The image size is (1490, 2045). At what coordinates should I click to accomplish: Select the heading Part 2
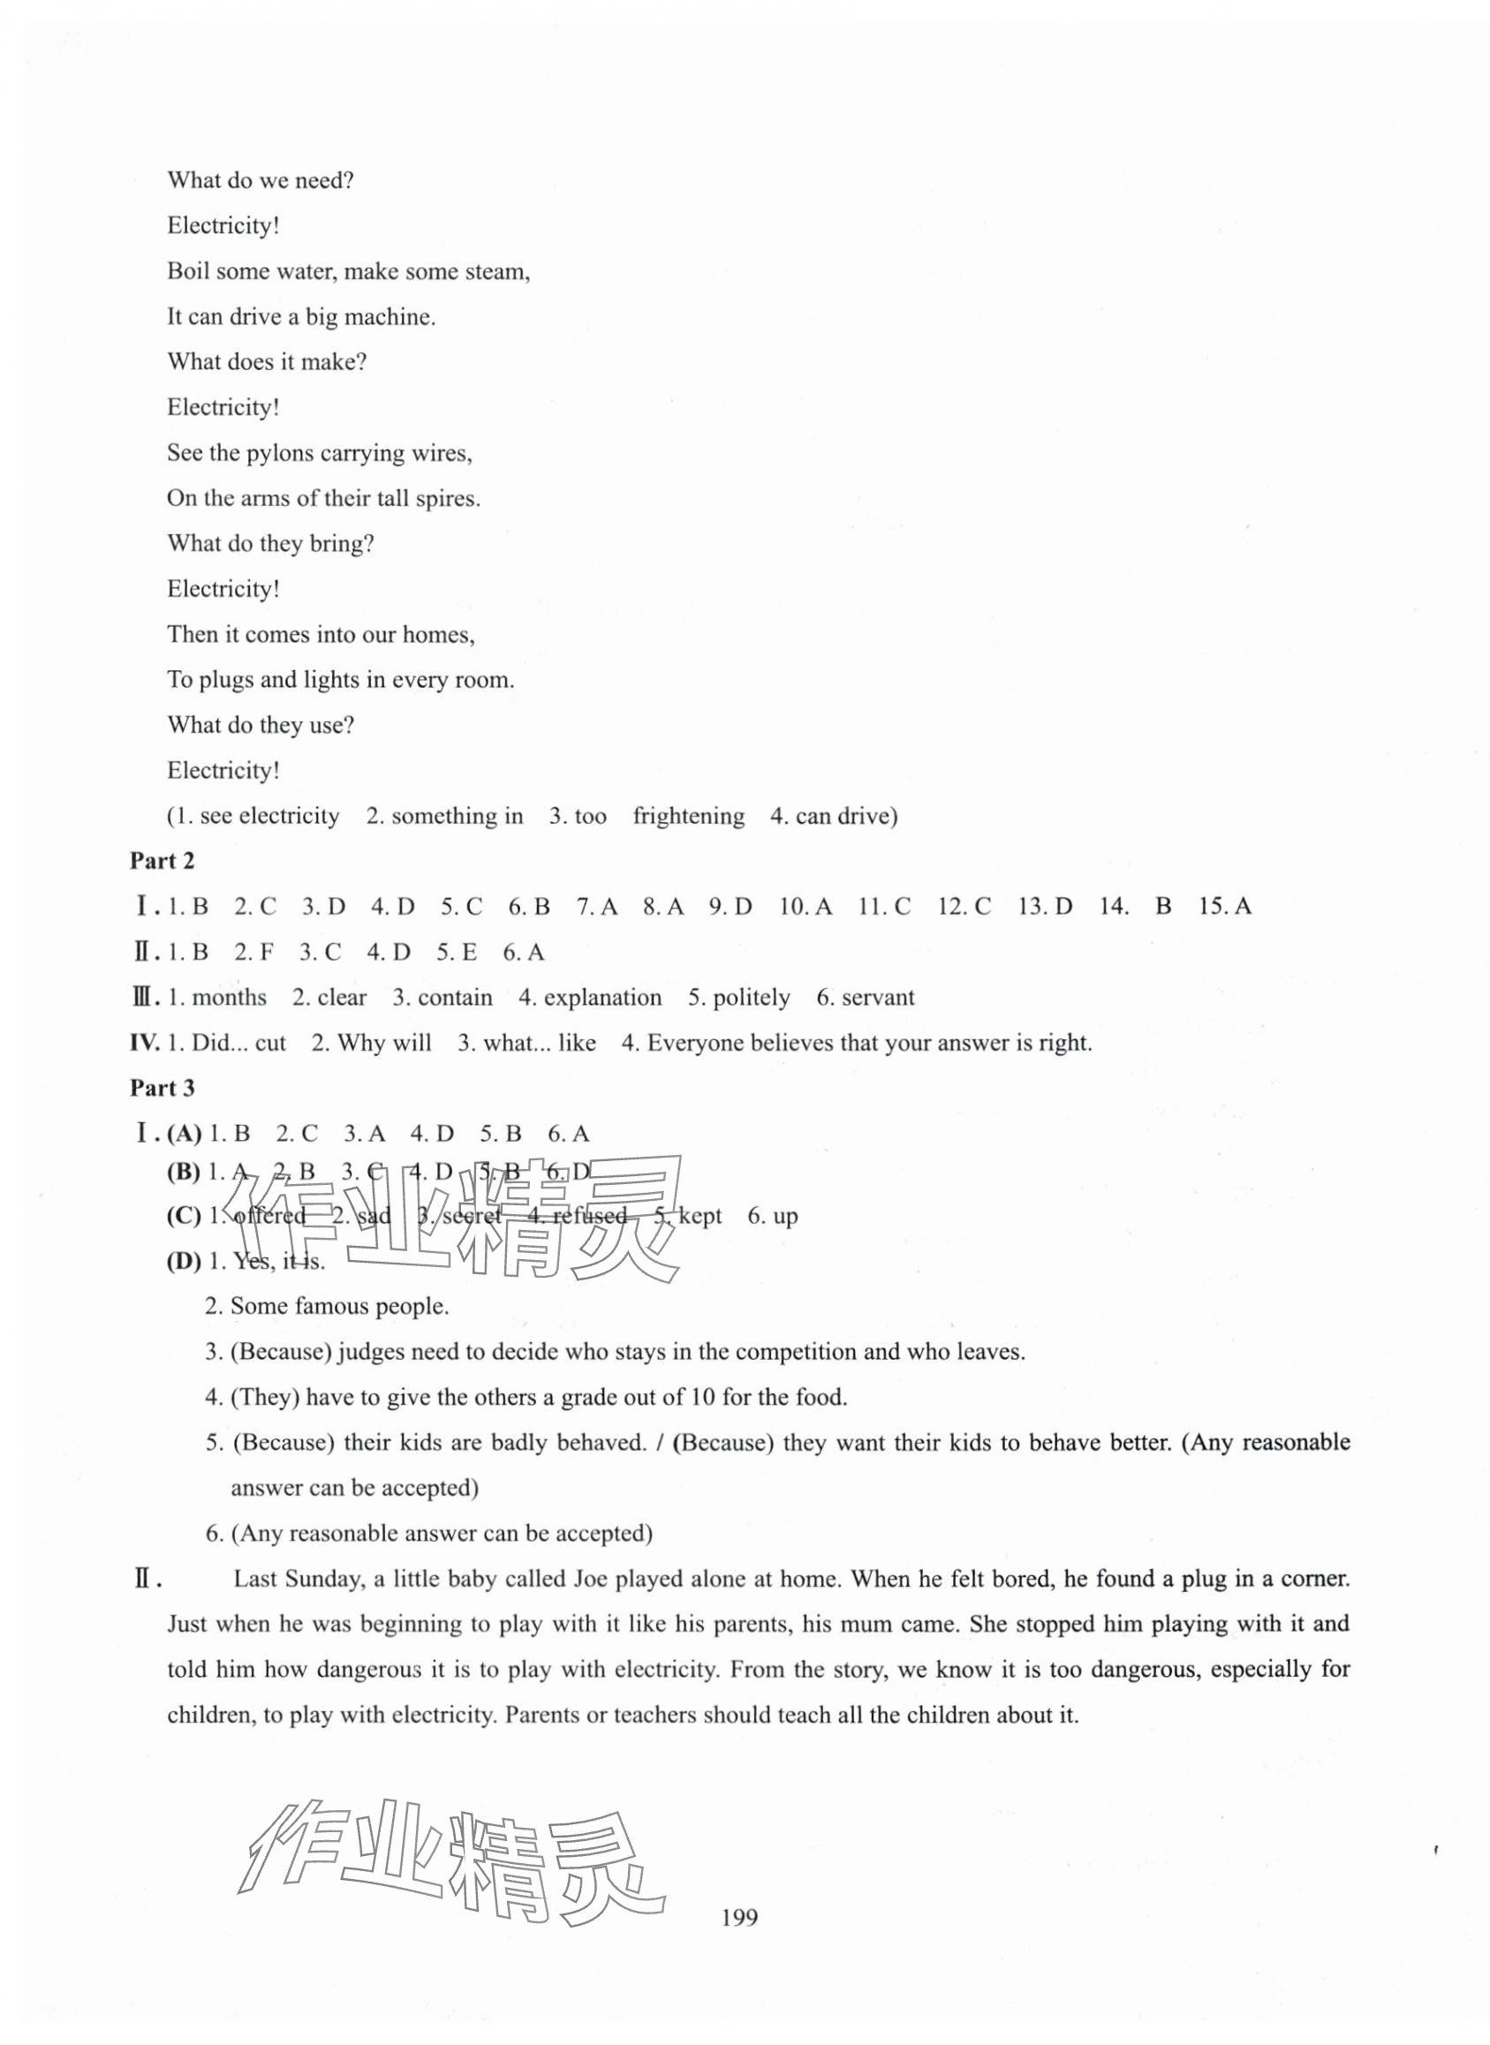162,861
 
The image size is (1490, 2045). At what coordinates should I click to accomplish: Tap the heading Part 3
162,1089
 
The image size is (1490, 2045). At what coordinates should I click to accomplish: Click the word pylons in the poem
276,453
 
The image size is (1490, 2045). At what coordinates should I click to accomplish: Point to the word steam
497,271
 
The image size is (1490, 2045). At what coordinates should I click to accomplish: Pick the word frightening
688,816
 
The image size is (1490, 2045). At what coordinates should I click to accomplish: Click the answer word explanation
602,997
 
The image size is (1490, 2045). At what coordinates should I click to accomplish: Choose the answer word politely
752,997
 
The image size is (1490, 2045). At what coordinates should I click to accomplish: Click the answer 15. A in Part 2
1224,906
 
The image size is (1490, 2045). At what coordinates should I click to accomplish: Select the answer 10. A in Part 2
806,906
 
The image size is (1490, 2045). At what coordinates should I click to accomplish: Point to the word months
229,997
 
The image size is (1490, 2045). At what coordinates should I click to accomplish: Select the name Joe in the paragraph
591,1579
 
